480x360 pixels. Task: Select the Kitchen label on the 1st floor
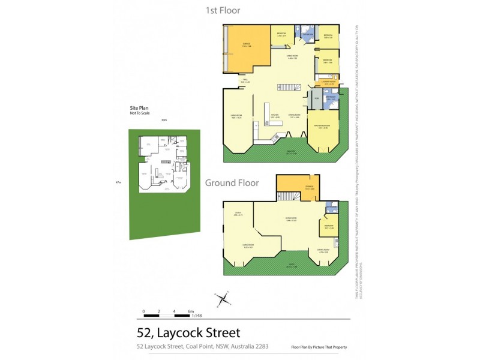point(274,115)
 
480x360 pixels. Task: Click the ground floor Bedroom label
point(328,226)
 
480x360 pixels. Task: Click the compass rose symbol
point(223,298)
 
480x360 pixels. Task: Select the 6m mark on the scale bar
point(190,311)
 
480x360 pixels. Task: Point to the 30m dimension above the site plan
point(163,121)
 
